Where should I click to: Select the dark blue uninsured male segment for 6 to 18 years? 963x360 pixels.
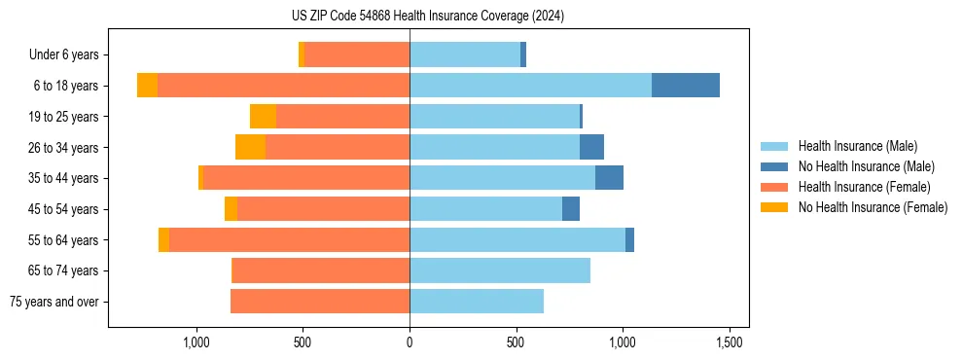coord(685,86)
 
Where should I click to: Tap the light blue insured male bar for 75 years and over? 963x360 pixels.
coord(477,302)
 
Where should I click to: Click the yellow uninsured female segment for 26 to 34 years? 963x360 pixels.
coord(250,147)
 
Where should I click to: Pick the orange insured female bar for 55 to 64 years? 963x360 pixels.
coord(289,240)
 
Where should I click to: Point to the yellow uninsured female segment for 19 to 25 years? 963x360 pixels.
coord(263,117)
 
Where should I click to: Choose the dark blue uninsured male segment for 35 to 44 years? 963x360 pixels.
coord(609,178)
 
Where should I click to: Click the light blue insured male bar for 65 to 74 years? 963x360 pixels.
coord(500,270)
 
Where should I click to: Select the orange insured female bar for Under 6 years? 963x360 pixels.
coord(357,54)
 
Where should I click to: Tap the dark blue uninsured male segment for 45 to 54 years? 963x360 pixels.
coord(571,209)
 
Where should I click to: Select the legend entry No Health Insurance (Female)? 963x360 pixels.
coord(873,207)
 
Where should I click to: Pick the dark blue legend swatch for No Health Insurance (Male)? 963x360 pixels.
coord(775,166)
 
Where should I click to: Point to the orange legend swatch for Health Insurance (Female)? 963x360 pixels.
coord(775,187)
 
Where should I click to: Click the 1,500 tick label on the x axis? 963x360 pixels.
coord(730,342)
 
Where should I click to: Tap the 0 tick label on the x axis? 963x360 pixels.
coord(410,342)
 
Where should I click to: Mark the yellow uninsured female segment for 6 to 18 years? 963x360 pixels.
coord(147,86)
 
